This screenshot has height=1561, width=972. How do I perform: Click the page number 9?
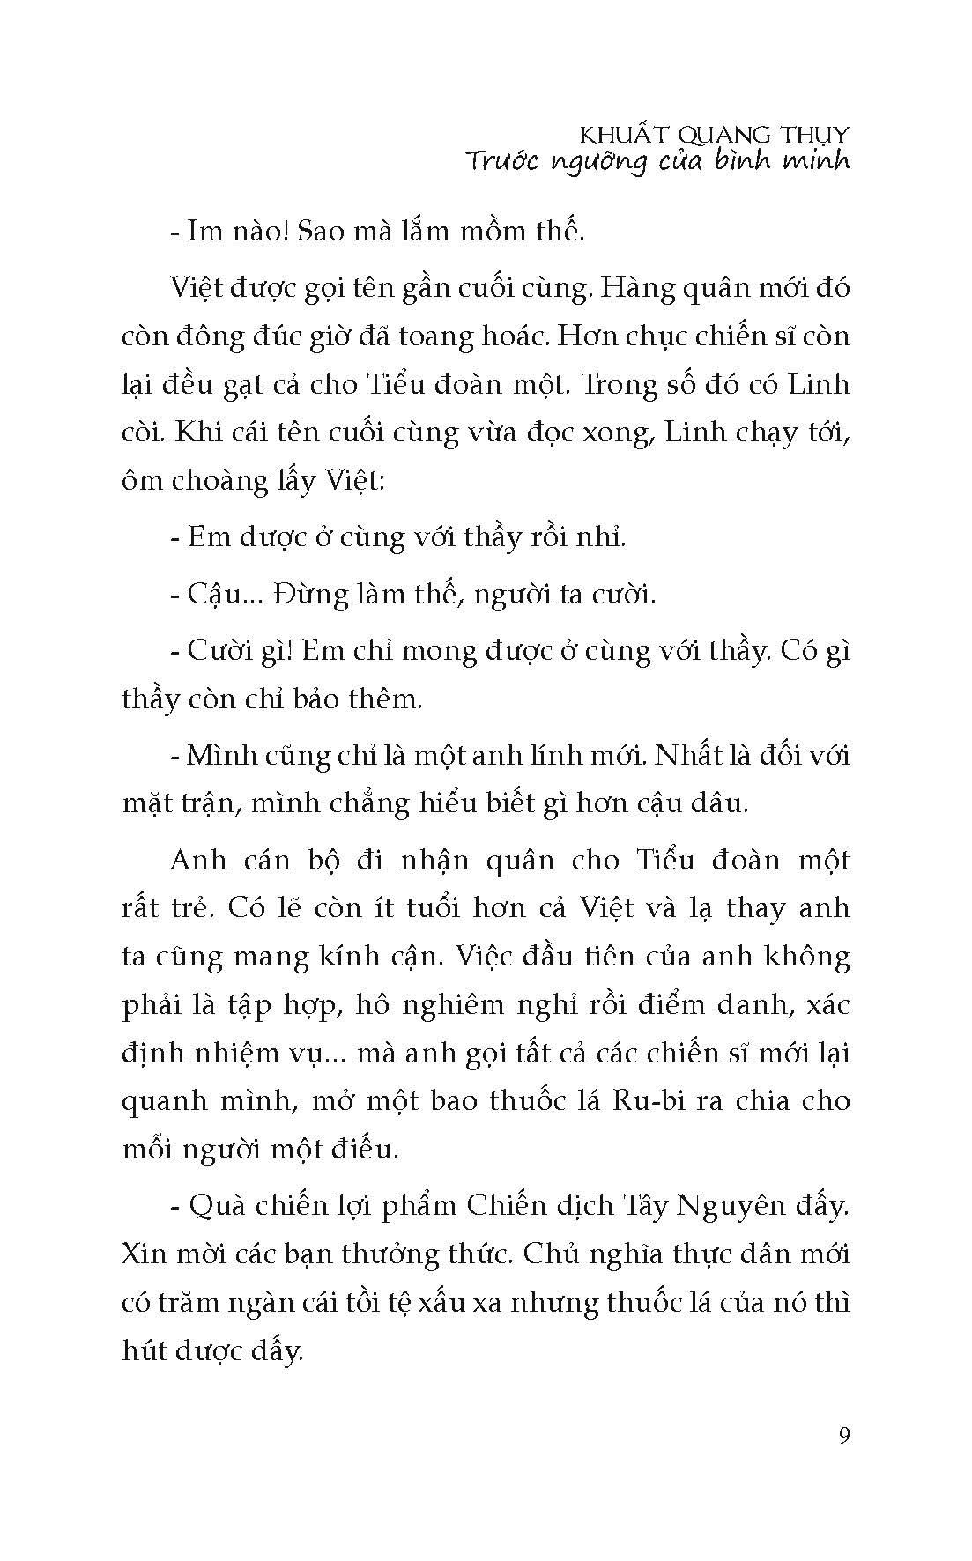844,1437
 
